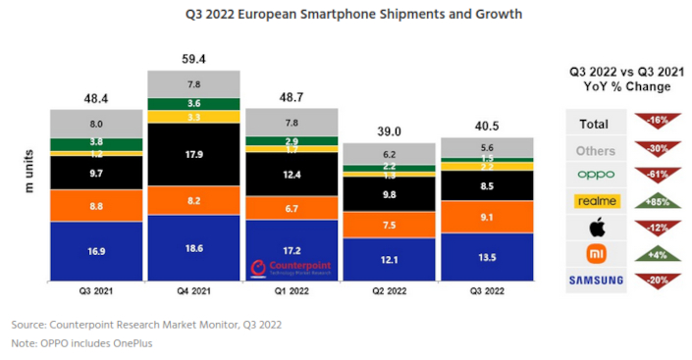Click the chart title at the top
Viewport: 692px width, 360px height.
(340, 15)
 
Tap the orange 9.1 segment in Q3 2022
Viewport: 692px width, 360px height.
(487, 218)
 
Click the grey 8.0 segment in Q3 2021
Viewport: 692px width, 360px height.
(95, 124)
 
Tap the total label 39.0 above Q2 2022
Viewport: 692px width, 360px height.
(389, 130)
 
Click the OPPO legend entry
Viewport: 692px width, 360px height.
(595, 177)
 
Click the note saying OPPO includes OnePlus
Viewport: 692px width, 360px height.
(82, 343)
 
